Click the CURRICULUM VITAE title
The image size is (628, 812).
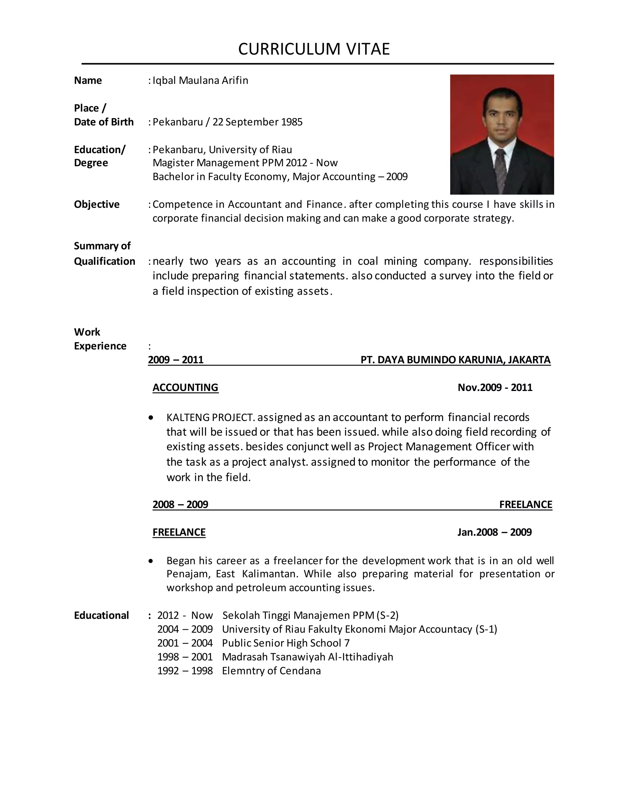pos(314,49)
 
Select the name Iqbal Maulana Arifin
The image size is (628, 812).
pos(200,80)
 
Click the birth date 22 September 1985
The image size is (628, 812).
pos(258,122)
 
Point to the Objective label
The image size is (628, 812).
pos(97,204)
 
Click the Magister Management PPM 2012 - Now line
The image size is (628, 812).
pos(245,163)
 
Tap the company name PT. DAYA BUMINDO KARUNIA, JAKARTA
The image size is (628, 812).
pos(455,360)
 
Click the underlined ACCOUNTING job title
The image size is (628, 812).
pos(185,387)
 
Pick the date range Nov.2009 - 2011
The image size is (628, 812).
pos(495,387)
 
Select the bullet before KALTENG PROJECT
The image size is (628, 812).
pos(151,418)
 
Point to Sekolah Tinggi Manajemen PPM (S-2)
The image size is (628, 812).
pos(310,615)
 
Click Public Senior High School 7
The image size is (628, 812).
pos(285,643)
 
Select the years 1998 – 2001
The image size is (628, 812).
pos(185,657)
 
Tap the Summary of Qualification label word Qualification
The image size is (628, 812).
pos(105,261)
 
